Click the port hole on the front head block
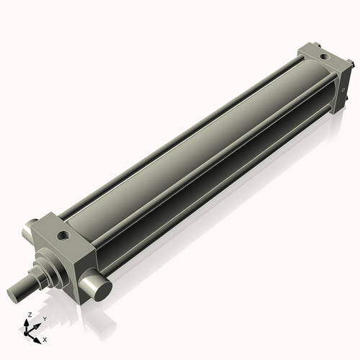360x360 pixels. click(x=66, y=235)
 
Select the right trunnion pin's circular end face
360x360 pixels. click(x=98, y=289)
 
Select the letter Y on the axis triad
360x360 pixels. click(x=44, y=318)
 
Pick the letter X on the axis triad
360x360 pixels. click(x=45, y=338)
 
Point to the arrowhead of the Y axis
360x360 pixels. click(x=38, y=324)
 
